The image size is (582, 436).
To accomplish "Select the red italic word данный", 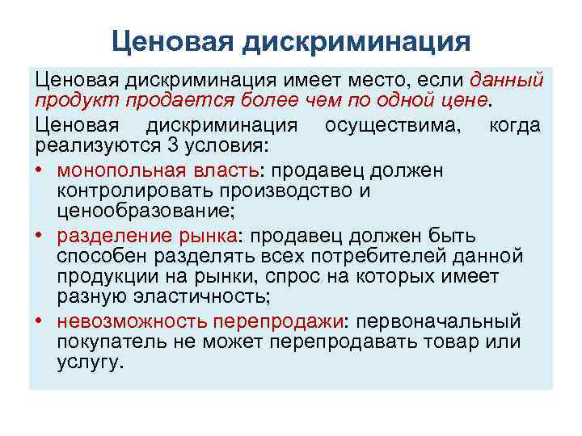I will (507, 81).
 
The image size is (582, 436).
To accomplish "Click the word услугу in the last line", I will (90, 363).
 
